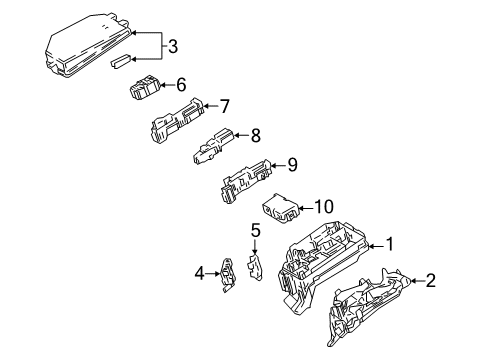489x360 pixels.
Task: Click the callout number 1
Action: click(391, 243)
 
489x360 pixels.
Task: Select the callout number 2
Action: click(432, 281)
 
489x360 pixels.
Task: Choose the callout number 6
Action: click(181, 86)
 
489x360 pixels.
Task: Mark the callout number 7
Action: click(225, 104)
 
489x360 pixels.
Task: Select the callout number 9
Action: click(292, 164)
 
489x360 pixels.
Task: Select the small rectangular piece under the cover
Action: click(122, 63)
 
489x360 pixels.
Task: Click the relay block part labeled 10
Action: click(282, 209)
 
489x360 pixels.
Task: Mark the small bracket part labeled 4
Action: click(228, 275)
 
